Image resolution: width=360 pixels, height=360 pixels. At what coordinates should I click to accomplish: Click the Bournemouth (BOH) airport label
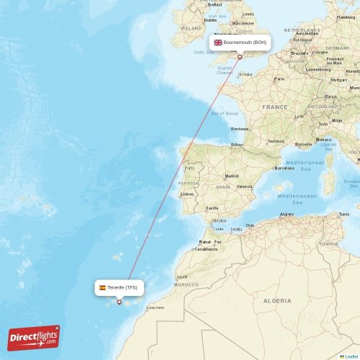pyautogui.click(x=245, y=42)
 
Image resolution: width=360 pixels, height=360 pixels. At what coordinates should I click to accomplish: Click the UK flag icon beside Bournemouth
pyautogui.click(x=218, y=42)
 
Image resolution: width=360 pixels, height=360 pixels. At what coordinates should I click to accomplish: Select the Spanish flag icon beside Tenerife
pyautogui.click(x=102, y=287)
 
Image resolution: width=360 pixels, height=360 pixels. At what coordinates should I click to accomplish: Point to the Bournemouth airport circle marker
pyautogui.click(x=240, y=57)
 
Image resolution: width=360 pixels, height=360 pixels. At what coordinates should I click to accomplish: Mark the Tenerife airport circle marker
pyautogui.click(x=120, y=302)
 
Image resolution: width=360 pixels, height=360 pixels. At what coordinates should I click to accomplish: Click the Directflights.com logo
pyautogui.click(x=34, y=338)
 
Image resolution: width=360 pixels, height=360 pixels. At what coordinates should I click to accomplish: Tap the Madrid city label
pyautogui.click(x=232, y=176)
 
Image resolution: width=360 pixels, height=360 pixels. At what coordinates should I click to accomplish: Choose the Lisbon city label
pyautogui.click(x=187, y=194)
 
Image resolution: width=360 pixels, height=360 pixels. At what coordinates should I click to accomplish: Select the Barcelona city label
pyautogui.click(x=284, y=168)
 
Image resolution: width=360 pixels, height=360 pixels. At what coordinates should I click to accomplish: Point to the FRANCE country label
pyautogui.click(x=274, y=107)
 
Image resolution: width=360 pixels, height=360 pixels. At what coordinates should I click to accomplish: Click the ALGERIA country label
pyautogui.click(x=277, y=300)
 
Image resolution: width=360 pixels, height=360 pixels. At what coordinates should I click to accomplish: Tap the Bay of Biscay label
pyautogui.click(x=225, y=114)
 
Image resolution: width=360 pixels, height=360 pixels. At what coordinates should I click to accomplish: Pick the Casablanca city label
pyautogui.click(x=205, y=248)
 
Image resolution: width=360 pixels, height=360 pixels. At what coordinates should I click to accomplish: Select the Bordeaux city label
pyautogui.click(x=240, y=128)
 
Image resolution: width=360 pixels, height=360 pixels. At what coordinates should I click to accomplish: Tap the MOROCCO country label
pyautogui.click(x=186, y=284)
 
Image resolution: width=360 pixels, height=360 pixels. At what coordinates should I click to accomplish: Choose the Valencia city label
pyautogui.click(x=245, y=186)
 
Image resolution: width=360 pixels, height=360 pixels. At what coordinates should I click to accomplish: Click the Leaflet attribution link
pyautogui.click(x=351, y=356)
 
